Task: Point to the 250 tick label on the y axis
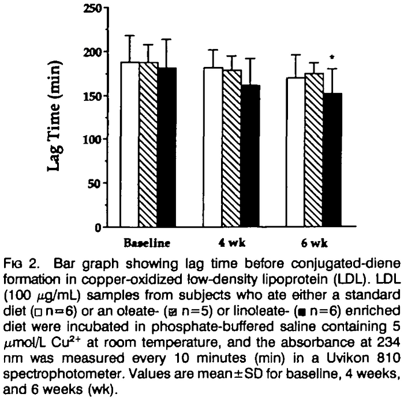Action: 91,9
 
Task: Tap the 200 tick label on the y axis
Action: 91,52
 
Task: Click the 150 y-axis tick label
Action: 91,96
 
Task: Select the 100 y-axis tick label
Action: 91,140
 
